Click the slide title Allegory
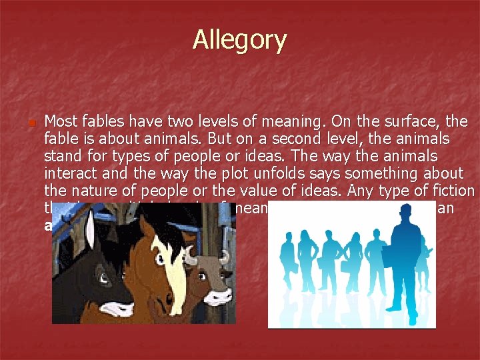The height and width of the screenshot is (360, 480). click(239, 41)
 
